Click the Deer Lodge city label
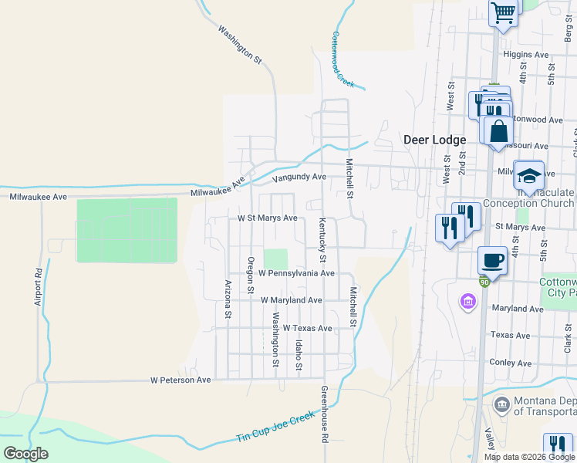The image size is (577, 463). [x=435, y=140]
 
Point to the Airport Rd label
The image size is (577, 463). [x=37, y=287]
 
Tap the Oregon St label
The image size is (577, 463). [x=251, y=274]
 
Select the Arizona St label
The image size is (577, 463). [x=228, y=299]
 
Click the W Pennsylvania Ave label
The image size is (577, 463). [x=296, y=273]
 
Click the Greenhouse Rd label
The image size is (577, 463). [x=325, y=414]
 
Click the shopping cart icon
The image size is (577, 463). [x=503, y=13]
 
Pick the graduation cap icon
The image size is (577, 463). [x=529, y=175]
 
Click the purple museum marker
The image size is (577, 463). [x=467, y=301]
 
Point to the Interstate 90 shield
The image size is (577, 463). [x=484, y=282]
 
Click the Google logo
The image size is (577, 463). [x=25, y=454]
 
